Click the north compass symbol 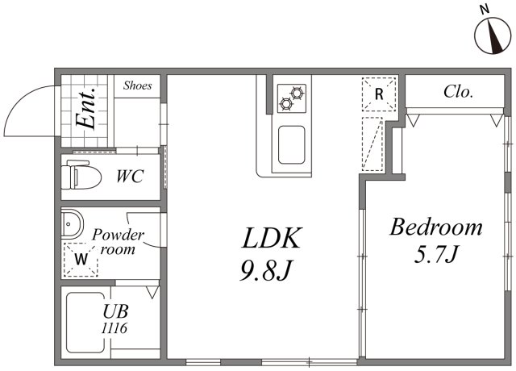click(x=489, y=34)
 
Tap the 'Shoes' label click(x=137, y=85)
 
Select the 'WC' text click(x=129, y=175)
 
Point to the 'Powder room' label click(x=118, y=242)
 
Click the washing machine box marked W click(x=81, y=259)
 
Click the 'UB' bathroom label click(x=114, y=311)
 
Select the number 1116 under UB click(x=114, y=328)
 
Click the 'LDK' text click(x=273, y=240)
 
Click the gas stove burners click(x=290, y=98)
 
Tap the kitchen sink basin click(x=290, y=144)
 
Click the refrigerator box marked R click(x=379, y=95)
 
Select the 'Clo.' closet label click(x=458, y=91)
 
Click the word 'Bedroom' click(x=436, y=227)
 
